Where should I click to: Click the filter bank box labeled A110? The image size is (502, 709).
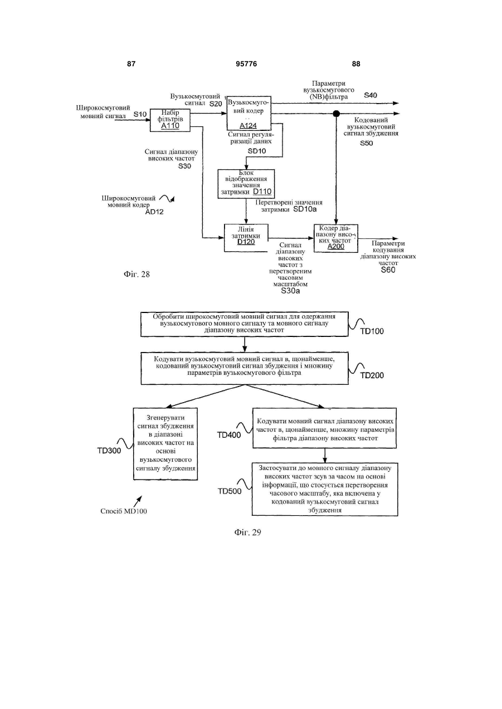point(170,120)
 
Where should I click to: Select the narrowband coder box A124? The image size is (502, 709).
point(249,113)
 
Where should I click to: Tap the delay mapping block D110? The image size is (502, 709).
point(246,184)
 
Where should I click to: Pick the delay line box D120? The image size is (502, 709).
point(246,238)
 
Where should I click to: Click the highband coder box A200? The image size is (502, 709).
point(336,238)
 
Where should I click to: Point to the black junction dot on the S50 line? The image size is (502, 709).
point(337,113)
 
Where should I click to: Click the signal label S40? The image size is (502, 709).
point(371,95)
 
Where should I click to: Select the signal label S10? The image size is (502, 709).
point(140,114)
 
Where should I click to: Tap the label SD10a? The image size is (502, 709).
point(305,209)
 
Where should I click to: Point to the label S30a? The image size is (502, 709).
point(290,291)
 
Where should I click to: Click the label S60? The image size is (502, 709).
point(388,270)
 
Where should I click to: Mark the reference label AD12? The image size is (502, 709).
point(154,212)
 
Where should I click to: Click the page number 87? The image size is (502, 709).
point(131,64)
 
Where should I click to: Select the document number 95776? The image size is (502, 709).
point(246,64)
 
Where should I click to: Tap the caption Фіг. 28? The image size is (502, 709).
point(137,274)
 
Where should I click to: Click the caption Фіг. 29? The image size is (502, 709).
point(248,532)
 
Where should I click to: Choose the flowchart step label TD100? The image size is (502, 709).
point(372,331)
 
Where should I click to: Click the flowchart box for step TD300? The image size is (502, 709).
point(165,444)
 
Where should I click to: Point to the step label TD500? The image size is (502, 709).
point(230,491)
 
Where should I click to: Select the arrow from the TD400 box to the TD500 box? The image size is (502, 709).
point(325,456)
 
